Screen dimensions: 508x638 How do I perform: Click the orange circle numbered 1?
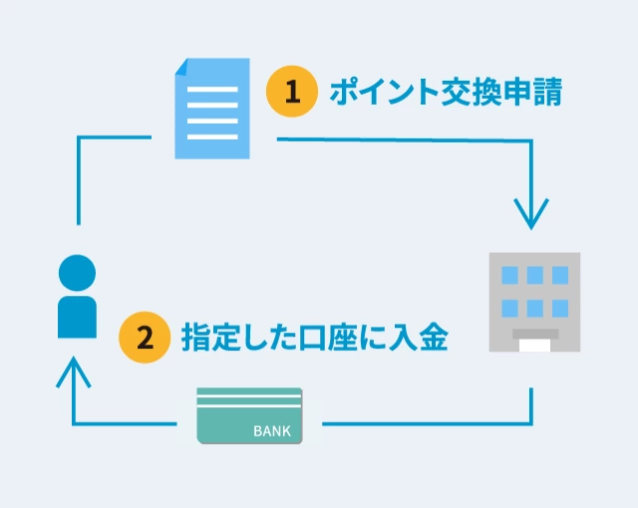[x=291, y=93]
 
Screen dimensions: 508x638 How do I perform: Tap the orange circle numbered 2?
[x=144, y=338]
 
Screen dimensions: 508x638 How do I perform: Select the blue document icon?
[x=211, y=109]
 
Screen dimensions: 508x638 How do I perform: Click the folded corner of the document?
[x=184, y=68]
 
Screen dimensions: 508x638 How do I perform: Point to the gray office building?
[x=533, y=302]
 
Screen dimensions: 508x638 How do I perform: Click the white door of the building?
[x=534, y=344]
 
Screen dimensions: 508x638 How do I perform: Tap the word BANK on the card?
[x=272, y=431]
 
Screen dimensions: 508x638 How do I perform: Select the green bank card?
[x=249, y=415]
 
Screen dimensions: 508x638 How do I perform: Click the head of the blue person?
[x=77, y=273]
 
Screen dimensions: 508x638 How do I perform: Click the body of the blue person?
[x=77, y=316]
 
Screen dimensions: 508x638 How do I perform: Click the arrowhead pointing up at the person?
[x=74, y=370]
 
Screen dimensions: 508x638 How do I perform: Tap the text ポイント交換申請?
[x=446, y=93]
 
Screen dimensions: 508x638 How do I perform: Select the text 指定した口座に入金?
[x=314, y=338]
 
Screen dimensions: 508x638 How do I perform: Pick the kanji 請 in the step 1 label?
[x=547, y=93]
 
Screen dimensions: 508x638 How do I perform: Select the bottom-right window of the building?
[x=559, y=308]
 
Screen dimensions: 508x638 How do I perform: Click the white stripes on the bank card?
[x=249, y=399]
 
